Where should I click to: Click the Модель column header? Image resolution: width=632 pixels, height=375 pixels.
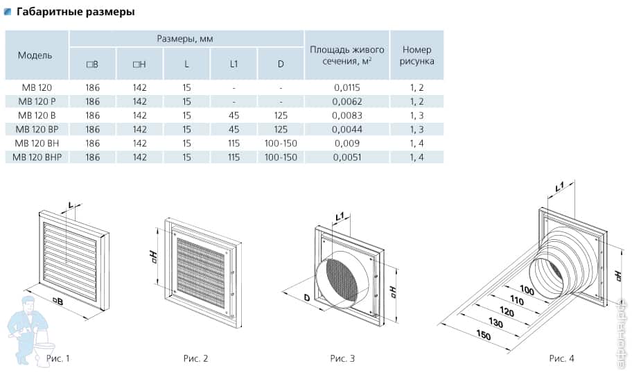pyautogui.click(x=35, y=55)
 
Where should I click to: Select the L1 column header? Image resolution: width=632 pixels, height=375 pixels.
pyautogui.click(x=234, y=64)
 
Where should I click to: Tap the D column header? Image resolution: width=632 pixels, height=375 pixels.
pyautogui.click(x=281, y=64)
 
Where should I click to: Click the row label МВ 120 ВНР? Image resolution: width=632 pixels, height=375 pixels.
pyautogui.click(x=37, y=157)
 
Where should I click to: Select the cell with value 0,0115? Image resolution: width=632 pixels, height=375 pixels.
pyautogui.click(x=346, y=87)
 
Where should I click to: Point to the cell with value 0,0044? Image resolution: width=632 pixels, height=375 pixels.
pyautogui.click(x=346, y=129)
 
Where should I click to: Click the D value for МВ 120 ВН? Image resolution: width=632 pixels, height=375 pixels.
pyautogui.click(x=281, y=143)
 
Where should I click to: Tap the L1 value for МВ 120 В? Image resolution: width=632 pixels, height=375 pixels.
pyautogui.click(x=234, y=115)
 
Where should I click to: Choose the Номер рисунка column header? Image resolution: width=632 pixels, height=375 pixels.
pyautogui.click(x=416, y=55)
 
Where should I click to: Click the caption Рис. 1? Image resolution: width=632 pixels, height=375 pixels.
pyautogui.click(x=58, y=358)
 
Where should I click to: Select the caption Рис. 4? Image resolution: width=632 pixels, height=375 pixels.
pyautogui.click(x=561, y=358)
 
